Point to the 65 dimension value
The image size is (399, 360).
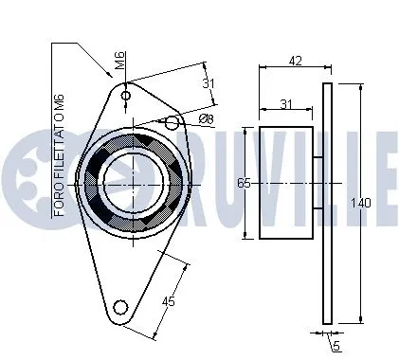[x=244, y=183]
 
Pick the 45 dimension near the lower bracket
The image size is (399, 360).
[x=168, y=302]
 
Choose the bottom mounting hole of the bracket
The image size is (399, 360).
[x=119, y=306]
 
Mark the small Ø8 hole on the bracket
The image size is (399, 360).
[x=172, y=122]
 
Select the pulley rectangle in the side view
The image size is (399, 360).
[x=287, y=182]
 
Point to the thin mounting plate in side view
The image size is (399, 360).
[x=328, y=204]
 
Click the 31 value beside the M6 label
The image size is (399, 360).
[x=209, y=83]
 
